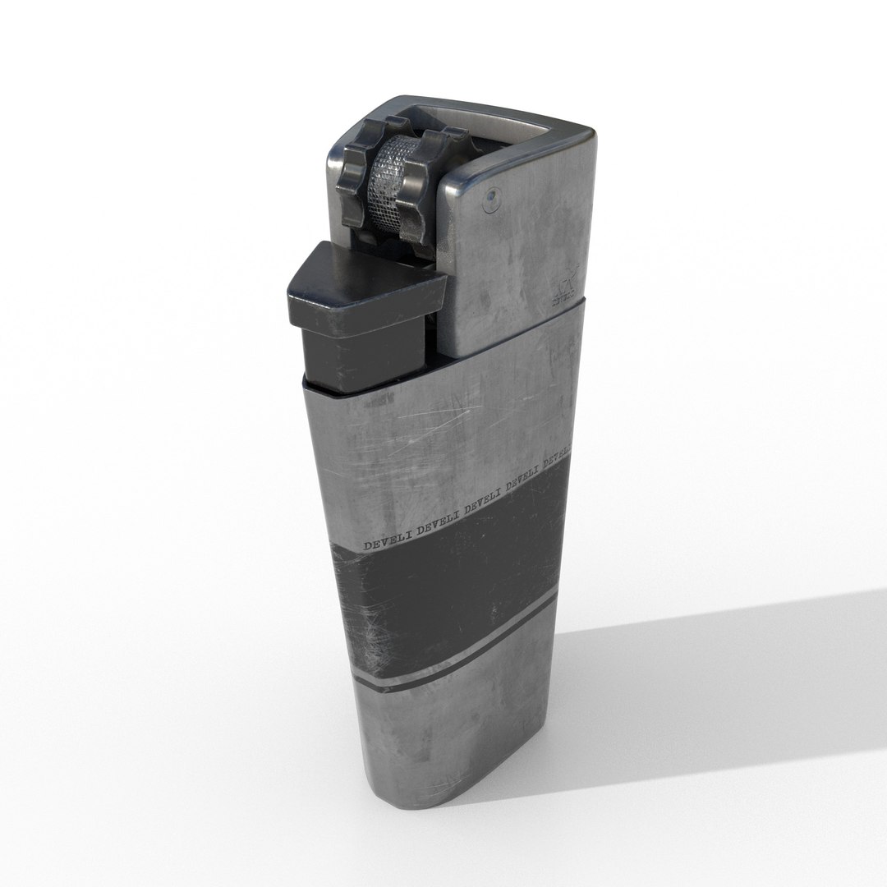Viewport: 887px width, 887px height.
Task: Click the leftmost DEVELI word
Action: pyautogui.click(x=385, y=543)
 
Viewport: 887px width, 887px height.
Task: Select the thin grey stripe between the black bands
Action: pyautogui.click(x=460, y=664)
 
